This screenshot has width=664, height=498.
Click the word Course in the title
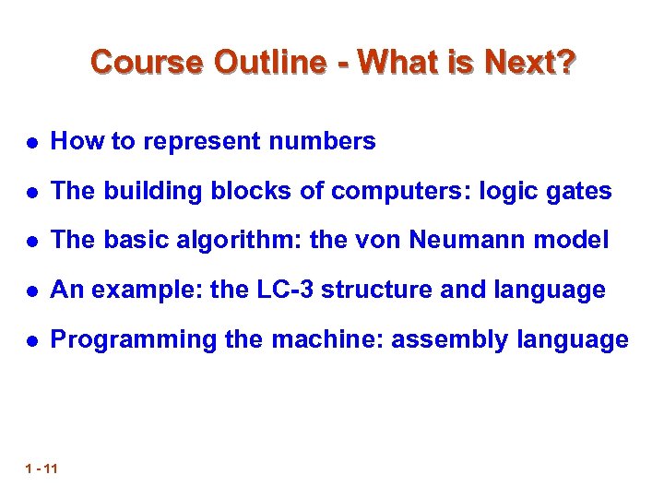[x=148, y=63]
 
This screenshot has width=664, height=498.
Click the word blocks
[x=241, y=191]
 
